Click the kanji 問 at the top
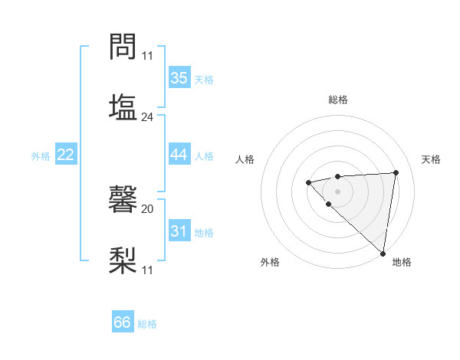[x=123, y=47]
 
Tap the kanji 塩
[x=123, y=106]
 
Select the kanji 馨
[x=123, y=201]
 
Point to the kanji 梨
[x=123, y=259]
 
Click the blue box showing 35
[x=179, y=78]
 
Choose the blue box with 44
[x=179, y=155]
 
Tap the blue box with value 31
[x=179, y=231]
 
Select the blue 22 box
[x=65, y=155]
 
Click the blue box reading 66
[x=123, y=322]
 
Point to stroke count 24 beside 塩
[x=147, y=117]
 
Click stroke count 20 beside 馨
[x=147, y=208]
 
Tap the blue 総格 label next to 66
[x=147, y=324]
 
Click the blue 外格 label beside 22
[x=41, y=156]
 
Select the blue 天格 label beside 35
[x=204, y=80]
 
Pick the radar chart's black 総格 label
[x=337, y=100]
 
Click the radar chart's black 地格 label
[x=401, y=262]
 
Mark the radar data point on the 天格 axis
[x=396, y=172]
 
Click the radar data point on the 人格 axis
[x=308, y=182]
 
